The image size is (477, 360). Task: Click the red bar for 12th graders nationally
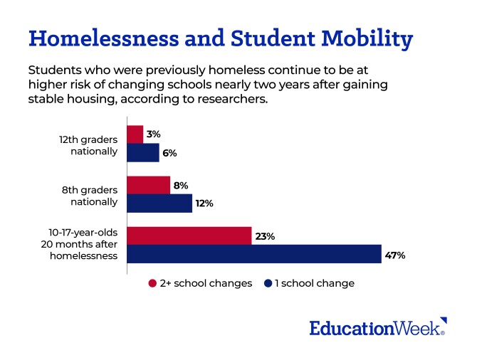(135, 134)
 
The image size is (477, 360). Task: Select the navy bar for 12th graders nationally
(142, 152)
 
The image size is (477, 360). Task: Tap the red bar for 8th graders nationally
(148, 185)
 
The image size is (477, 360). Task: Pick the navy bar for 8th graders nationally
(159, 203)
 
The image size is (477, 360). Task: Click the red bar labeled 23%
(189, 236)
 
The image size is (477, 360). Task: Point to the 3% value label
(153, 134)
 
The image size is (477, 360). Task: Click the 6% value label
(169, 152)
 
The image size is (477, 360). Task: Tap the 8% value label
(180, 185)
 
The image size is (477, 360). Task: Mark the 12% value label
(204, 203)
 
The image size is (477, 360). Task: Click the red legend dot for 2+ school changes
(152, 283)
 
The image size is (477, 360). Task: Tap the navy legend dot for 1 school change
(268, 283)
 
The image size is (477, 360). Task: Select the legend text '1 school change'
(315, 283)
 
